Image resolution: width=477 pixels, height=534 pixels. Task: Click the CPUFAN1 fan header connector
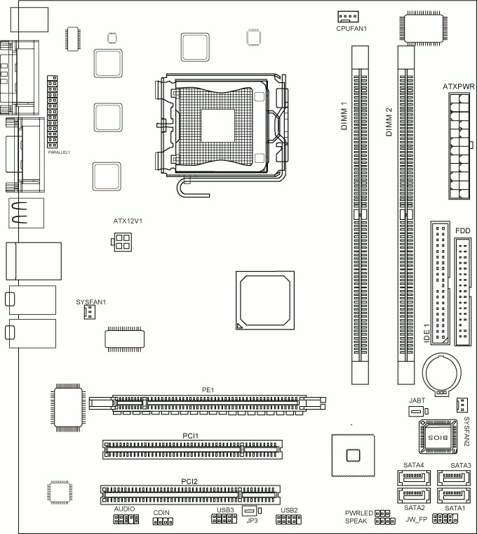tap(348, 16)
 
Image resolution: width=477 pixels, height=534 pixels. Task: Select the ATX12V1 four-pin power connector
tap(122, 242)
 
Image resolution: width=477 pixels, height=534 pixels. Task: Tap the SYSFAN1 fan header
tap(89, 312)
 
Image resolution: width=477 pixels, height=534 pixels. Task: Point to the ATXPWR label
tap(458, 86)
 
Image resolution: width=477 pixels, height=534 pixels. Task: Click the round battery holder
tap(442, 374)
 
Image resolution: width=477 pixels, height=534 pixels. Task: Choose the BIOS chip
tap(438, 437)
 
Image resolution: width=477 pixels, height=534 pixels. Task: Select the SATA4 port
tap(413, 478)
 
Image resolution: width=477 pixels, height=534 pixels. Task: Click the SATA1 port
tap(454, 495)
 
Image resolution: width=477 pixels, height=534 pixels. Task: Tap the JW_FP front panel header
tap(445, 519)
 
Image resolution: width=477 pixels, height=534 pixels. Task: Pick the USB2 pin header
tap(288, 519)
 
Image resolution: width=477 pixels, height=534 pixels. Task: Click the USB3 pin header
tap(224, 519)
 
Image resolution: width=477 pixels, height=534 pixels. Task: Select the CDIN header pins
tap(163, 521)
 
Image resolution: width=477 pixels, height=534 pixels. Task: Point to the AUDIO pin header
tap(126, 519)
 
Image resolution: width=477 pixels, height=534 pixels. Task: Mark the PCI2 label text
tap(189, 481)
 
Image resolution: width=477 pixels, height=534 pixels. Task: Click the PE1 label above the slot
tap(208, 390)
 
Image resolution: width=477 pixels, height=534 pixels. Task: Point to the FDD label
tap(463, 231)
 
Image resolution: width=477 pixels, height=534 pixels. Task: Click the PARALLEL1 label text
tap(59, 152)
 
